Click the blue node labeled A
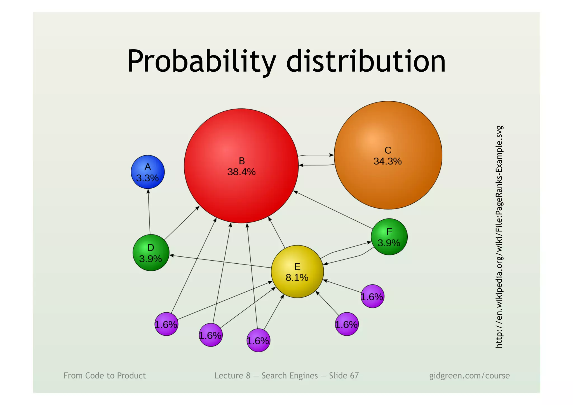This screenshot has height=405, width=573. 147,172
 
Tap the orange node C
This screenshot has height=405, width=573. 388,179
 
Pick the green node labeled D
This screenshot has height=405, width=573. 151,252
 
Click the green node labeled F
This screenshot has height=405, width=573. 389,237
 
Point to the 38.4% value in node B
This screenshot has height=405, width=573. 241,172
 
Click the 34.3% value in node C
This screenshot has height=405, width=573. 388,161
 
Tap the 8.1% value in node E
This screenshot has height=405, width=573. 297,278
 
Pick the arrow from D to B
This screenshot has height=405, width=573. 182,223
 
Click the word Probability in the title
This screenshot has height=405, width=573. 201,62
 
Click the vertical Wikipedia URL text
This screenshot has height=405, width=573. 499,237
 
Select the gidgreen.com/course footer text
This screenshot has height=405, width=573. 469,376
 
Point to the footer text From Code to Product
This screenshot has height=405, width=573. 105,376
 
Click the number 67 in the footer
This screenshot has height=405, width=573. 354,376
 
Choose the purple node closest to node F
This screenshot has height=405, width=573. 372,296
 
